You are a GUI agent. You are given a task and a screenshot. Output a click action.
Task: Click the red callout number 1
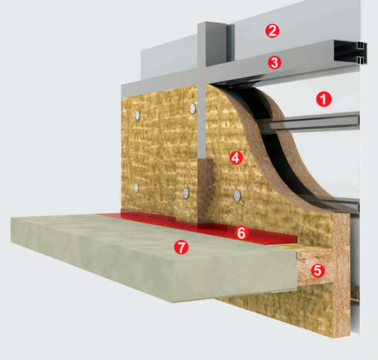324,99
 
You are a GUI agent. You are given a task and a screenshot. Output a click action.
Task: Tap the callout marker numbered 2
272,31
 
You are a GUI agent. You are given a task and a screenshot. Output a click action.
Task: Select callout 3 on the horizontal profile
275,62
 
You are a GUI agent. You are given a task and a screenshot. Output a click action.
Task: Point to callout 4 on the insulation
236,158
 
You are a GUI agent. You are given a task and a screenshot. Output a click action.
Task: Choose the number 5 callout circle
318,270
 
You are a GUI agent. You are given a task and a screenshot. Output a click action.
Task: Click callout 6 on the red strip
241,233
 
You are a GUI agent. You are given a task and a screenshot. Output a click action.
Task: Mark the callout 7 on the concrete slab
181,247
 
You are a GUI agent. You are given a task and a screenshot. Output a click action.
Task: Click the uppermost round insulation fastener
193,108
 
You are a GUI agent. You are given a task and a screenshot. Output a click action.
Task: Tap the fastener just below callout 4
238,195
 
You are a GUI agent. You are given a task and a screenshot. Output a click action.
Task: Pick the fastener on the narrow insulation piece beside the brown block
186,193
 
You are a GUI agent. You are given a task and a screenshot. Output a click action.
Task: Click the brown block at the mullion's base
205,190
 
